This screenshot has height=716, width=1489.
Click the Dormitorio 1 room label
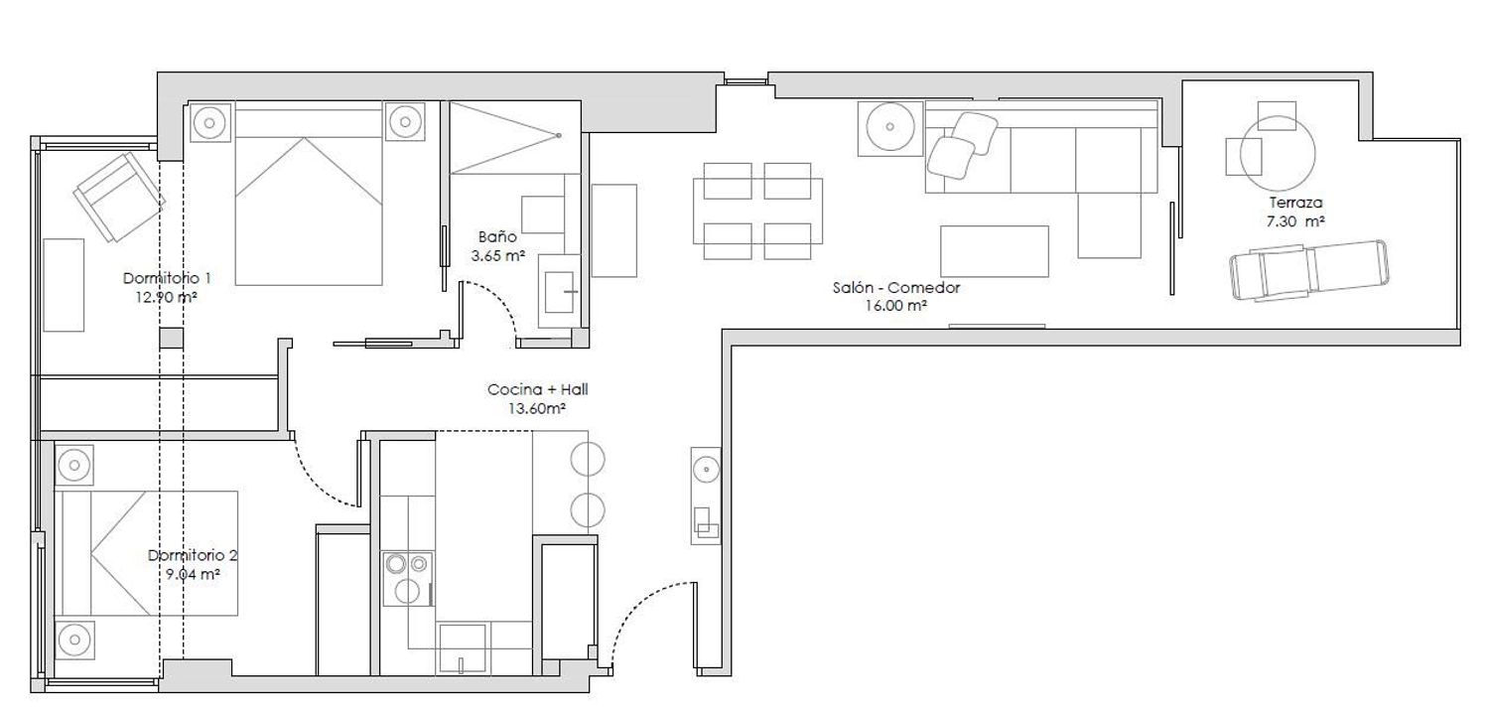[x=167, y=278]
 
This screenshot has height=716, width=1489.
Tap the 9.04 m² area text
[x=193, y=574]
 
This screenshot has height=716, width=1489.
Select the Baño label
[x=497, y=236]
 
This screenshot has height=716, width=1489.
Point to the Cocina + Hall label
[x=538, y=389]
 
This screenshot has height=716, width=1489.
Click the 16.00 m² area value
[x=896, y=306]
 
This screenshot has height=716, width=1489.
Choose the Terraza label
[x=1295, y=203]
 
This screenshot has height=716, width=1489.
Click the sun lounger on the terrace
[x=1309, y=270]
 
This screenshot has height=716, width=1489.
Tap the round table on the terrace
[x=1278, y=153]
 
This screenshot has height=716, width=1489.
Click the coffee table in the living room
[x=995, y=251]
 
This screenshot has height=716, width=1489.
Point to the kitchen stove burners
[x=407, y=578]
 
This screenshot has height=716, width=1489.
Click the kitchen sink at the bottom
[x=462, y=648]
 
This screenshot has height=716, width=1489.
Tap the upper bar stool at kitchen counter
[x=588, y=460]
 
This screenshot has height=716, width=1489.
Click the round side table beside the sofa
[x=889, y=126]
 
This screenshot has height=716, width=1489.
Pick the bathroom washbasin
[x=559, y=291]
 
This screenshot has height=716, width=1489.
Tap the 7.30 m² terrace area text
[x=1295, y=222]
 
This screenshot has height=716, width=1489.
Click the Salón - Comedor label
[x=896, y=288]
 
